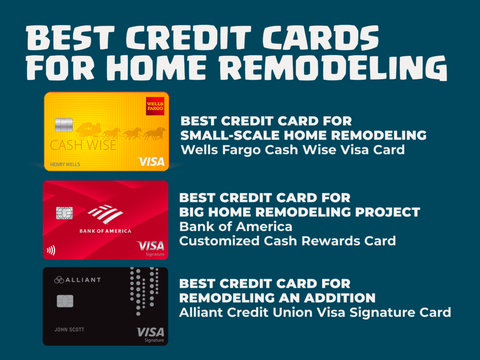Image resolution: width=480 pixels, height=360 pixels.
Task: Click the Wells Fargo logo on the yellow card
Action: (155, 106)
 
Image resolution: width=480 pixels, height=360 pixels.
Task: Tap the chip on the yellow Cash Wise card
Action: (64, 125)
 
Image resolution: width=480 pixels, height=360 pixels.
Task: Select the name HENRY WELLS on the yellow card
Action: (65, 165)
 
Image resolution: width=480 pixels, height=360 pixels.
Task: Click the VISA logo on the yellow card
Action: (151, 161)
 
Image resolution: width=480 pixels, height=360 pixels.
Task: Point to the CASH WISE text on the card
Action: (83, 145)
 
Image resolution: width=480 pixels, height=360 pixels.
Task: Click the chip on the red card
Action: (64, 213)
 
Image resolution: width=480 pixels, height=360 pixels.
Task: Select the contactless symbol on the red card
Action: (51, 250)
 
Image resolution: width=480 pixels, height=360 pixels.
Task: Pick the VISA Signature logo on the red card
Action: (150, 248)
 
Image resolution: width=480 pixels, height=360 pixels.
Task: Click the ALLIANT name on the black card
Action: (77, 279)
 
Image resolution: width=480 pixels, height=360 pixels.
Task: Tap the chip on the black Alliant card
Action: (65, 301)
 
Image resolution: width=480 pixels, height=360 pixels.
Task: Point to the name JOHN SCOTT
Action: (69, 330)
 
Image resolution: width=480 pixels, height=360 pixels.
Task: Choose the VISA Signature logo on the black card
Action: (150, 334)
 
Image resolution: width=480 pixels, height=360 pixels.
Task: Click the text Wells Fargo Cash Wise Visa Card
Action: (292, 150)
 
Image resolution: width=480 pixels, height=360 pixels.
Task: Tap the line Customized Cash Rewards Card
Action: (287, 241)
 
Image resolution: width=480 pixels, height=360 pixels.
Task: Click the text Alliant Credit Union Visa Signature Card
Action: (315, 313)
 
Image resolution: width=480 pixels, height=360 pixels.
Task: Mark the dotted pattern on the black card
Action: (144, 291)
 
